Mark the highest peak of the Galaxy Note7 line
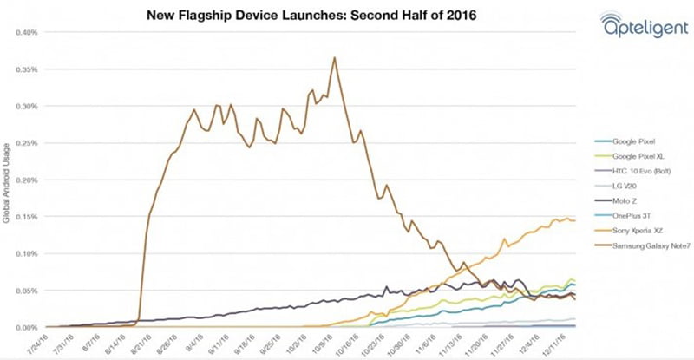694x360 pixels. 335,58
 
